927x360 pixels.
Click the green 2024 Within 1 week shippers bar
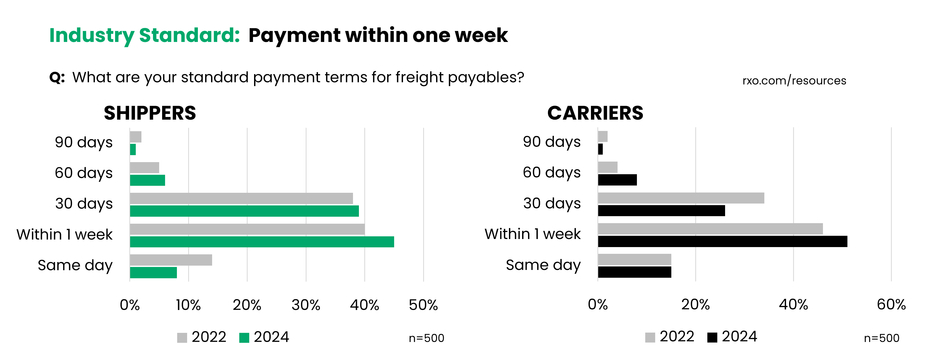[262, 242]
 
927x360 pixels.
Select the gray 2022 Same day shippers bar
[171, 260]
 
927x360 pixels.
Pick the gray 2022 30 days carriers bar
[681, 198]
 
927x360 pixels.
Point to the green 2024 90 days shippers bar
[133, 149]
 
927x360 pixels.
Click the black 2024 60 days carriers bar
[617, 180]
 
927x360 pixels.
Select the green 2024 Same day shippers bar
[153, 273]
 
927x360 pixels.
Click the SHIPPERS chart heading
[150, 113]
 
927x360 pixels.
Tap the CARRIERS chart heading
[595, 113]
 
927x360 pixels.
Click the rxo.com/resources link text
[794, 81]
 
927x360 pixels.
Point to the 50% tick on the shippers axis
[423, 305]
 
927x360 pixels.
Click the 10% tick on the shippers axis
[188, 305]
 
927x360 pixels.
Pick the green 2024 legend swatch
[244, 338]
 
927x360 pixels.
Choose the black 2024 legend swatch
[712, 337]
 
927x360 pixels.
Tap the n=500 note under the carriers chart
[881, 338]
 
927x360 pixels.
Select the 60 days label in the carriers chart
[551, 172]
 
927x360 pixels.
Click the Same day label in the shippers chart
[75, 265]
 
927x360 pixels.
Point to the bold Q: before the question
[57, 77]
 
